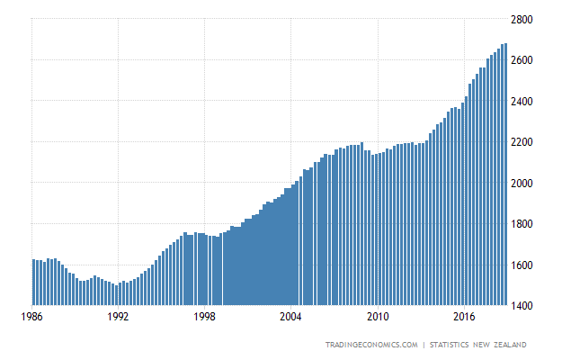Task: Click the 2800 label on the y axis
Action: click(x=527, y=19)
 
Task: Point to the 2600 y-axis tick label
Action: click(x=527, y=60)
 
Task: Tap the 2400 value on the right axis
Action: click(x=527, y=101)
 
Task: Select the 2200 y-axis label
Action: click(x=527, y=142)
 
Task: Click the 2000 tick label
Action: click(x=527, y=183)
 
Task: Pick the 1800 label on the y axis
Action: click(x=527, y=224)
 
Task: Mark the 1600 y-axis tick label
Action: click(x=527, y=265)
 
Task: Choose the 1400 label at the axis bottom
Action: click(x=527, y=306)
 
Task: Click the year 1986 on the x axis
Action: click(x=32, y=317)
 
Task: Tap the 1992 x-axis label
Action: click(x=119, y=317)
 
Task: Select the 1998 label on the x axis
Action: click(x=205, y=317)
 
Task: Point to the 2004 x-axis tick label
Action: click(x=291, y=317)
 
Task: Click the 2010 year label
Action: click(x=378, y=317)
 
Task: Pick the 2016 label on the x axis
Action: click(x=464, y=317)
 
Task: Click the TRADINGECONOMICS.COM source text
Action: click(x=372, y=345)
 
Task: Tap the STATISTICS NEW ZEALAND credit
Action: click(x=478, y=345)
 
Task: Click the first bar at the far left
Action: click(x=33, y=283)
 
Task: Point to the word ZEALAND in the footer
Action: click(x=508, y=345)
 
